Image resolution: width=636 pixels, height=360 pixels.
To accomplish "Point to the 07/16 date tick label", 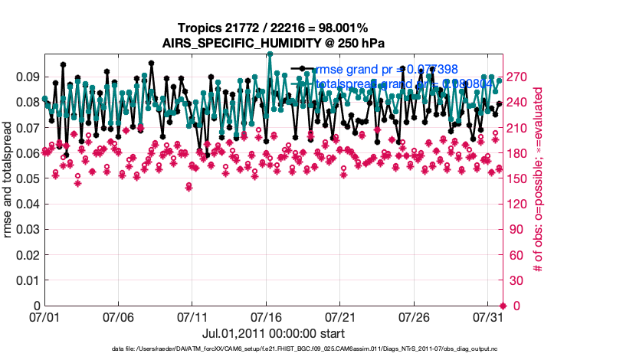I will coord(267,316).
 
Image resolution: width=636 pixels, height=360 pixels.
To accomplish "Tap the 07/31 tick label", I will coord(489,316).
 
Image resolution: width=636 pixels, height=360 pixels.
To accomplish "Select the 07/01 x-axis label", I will coord(44,316).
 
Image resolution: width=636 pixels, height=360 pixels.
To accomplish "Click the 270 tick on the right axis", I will coord(518,77).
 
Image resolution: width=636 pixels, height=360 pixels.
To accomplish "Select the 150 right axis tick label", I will coord(518,178).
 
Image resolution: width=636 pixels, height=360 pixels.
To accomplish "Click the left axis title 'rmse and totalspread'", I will coord(8,179).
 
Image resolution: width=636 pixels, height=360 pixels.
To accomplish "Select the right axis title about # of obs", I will coord(539,179).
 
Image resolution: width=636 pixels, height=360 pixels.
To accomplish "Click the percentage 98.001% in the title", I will coord(356,28).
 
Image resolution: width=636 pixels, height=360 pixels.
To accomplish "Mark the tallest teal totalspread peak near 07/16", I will coord(270,54).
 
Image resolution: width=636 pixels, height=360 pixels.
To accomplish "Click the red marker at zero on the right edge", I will coord(502,306).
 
